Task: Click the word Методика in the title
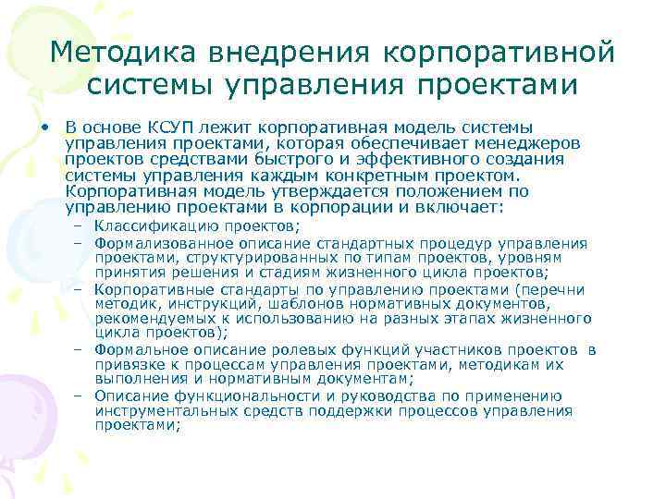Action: click(110, 52)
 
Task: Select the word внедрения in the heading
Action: click(268, 52)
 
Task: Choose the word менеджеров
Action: click(532, 143)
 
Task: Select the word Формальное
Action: click(138, 350)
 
